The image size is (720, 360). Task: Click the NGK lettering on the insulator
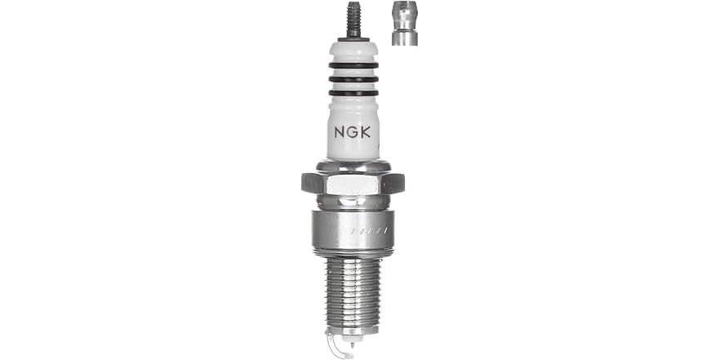pos(353,131)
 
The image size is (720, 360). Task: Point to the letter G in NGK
pos(353,131)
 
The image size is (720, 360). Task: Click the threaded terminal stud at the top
pos(353,18)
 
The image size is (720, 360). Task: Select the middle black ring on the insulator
pos(353,79)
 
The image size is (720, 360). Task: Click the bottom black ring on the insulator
pos(353,93)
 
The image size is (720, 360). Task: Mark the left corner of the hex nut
pos(304,182)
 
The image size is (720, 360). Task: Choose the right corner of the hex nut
pos(402,182)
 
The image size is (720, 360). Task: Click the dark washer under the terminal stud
pos(353,38)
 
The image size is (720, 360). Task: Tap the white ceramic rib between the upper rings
pos(353,72)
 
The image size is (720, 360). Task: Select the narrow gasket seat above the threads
pos(353,255)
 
